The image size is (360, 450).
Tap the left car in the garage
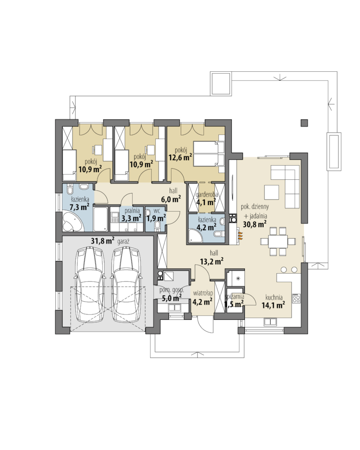pyautogui.click(x=88, y=284)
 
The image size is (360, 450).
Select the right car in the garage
pyautogui.click(x=126, y=284)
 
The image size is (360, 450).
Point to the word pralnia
pyautogui.click(x=132, y=211)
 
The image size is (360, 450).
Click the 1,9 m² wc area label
pyautogui.click(x=156, y=218)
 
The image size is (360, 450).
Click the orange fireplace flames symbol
pyautogui.click(x=240, y=235)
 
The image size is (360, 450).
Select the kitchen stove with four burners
pyautogui.click(x=296, y=298)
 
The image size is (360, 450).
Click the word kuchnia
pyautogui.click(x=274, y=297)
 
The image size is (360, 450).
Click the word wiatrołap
pyautogui.click(x=203, y=293)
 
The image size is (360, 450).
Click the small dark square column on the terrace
pyautogui.click(x=304, y=123)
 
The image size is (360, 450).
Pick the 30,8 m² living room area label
pyautogui.click(x=255, y=224)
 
